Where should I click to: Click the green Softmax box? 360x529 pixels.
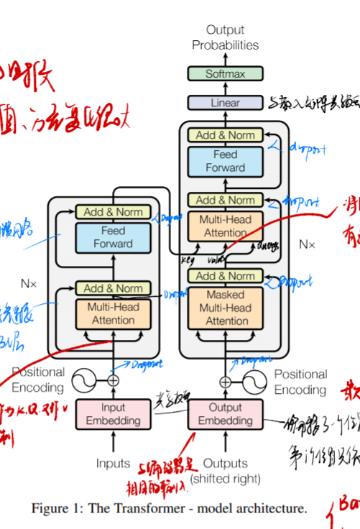225,74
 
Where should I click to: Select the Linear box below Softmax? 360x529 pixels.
225,103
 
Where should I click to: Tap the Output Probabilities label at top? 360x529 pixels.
225,37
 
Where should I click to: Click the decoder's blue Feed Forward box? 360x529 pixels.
225,161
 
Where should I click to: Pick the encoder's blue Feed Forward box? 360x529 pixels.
113,237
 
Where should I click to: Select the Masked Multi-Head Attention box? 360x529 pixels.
225,308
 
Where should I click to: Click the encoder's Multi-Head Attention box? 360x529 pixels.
113,314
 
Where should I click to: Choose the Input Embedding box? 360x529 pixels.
113,414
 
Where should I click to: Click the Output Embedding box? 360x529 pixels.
225,414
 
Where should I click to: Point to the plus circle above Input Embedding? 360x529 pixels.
113,381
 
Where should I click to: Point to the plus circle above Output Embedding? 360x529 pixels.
225,382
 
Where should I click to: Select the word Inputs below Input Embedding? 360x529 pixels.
113,464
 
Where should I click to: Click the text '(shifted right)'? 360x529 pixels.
225,479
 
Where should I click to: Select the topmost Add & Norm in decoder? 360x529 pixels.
225,135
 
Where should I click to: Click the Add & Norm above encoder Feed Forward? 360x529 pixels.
113,212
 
